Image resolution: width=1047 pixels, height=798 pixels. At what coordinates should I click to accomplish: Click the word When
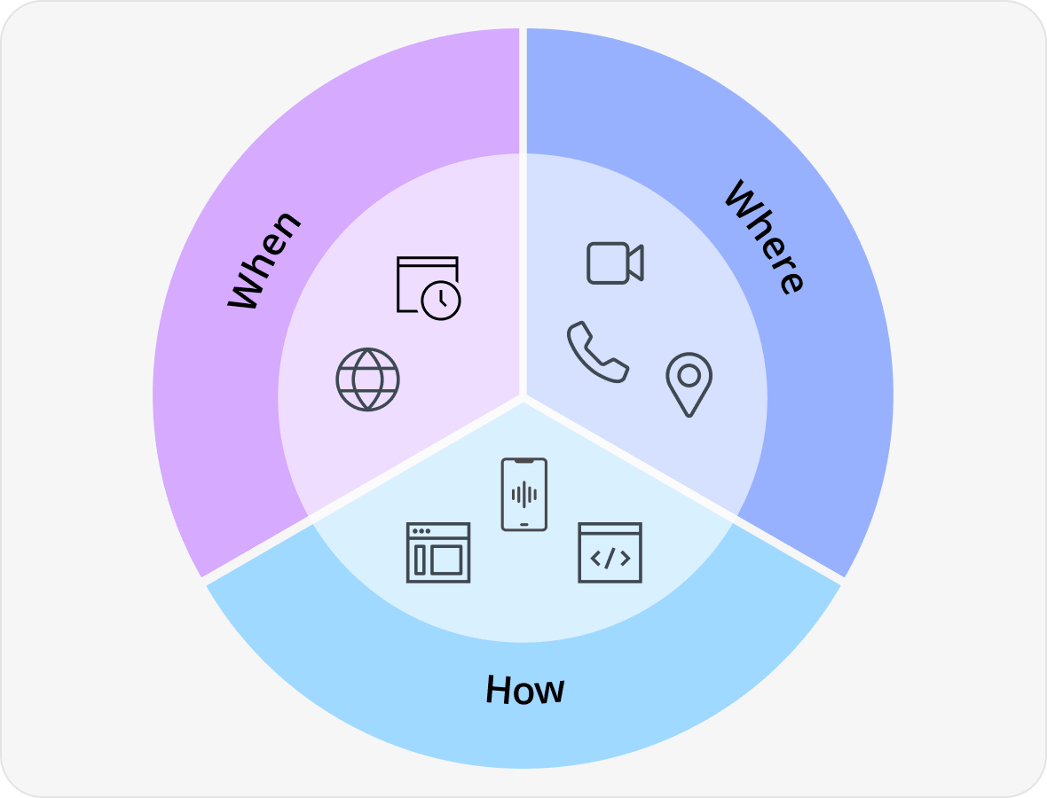click(x=264, y=260)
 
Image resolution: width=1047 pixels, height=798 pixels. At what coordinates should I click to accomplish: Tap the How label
click(x=525, y=689)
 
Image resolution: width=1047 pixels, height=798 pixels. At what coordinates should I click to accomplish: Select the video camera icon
click(x=615, y=262)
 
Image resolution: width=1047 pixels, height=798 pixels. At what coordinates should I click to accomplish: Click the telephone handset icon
click(x=598, y=352)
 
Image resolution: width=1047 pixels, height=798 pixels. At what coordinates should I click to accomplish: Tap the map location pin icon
click(x=689, y=384)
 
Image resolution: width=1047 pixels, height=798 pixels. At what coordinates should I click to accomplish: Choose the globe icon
click(x=367, y=379)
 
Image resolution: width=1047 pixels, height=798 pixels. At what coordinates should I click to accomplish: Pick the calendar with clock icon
click(x=428, y=287)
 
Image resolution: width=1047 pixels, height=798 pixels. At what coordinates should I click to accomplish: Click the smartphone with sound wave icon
click(x=524, y=495)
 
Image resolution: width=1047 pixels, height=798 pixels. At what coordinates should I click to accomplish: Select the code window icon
click(x=610, y=552)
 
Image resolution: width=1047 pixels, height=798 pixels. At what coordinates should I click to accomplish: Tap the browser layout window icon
click(x=438, y=552)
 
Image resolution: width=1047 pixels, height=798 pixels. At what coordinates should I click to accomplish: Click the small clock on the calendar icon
click(x=441, y=301)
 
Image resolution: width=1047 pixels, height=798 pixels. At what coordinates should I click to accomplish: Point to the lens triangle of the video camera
click(x=635, y=262)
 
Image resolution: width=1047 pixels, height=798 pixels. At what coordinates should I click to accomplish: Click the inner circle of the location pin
click(x=689, y=376)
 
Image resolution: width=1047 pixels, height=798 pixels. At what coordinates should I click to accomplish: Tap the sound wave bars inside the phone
click(x=524, y=495)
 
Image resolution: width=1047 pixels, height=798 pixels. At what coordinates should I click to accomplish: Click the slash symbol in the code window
click(x=610, y=559)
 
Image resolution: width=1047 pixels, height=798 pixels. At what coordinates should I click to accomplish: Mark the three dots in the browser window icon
click(x=421, y=531)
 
